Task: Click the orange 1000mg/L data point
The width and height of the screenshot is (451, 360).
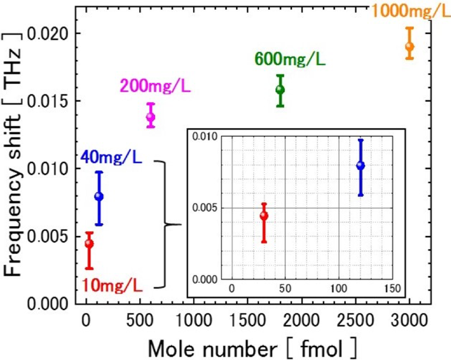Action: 409,46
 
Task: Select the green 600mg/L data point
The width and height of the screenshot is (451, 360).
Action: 280,89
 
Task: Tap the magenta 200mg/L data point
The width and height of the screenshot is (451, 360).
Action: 151,116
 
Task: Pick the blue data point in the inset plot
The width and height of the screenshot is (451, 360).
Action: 361,166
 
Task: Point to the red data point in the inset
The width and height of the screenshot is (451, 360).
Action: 264,216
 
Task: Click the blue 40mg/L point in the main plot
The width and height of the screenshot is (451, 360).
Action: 99,196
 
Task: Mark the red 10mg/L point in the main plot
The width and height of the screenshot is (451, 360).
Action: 89,243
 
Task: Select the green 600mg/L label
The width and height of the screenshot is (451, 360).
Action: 290,59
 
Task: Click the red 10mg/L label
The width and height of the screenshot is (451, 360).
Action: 112,286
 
